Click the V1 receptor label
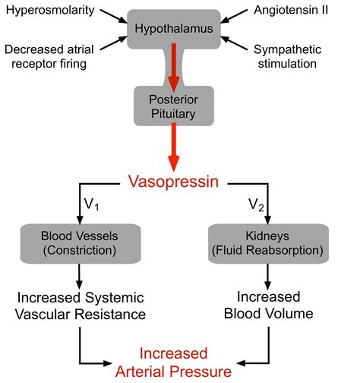[x=90, y=205]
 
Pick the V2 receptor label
[x=257, y=205]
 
